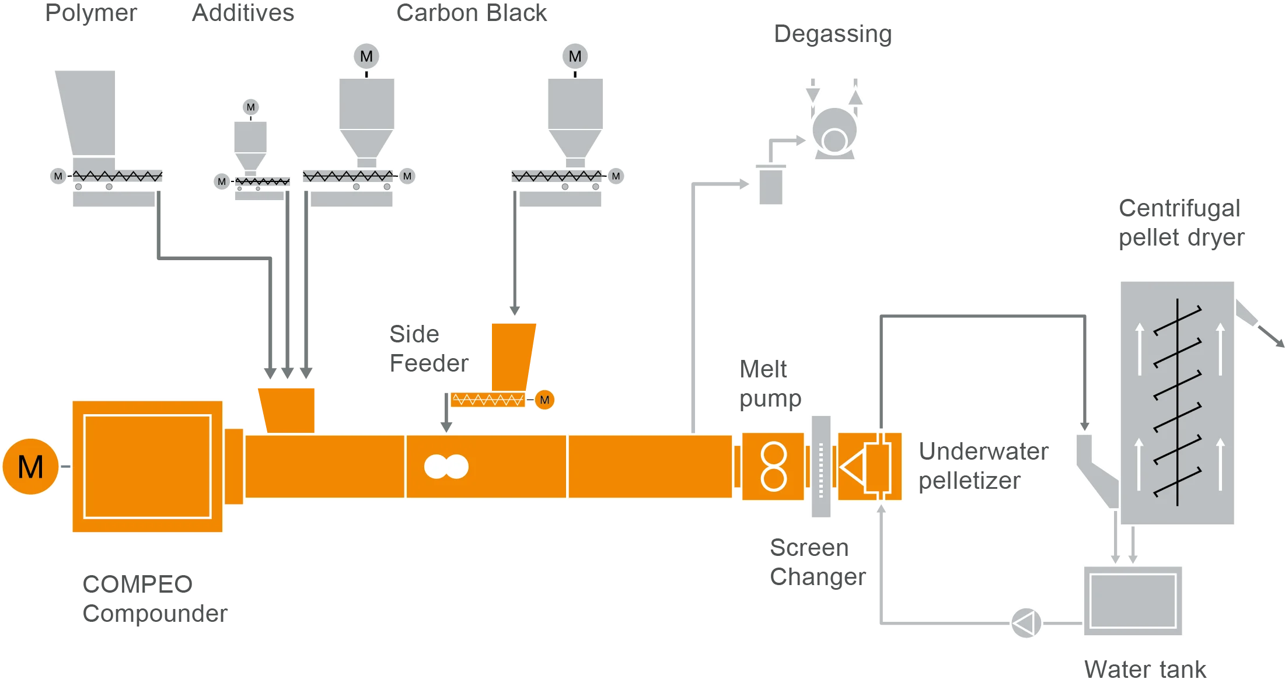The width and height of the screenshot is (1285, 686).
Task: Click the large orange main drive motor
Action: click(x=30, y=467)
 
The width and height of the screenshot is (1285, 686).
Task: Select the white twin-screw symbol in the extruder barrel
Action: click(x=446, y=467)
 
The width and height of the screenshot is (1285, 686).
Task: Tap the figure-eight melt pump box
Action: click(x=773, y=467)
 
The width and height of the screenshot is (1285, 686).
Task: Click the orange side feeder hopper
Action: click(x=512, y=356)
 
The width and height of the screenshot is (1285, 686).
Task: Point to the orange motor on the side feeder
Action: click(x=544, y=400)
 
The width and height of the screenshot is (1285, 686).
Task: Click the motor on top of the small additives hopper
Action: click(x=250, y=107)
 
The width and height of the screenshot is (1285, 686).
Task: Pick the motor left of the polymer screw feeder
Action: click(x=58, y=176)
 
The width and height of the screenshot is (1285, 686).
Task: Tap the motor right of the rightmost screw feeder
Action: click(x=616, y=176)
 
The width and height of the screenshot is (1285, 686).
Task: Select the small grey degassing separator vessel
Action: click(x=770, y=185)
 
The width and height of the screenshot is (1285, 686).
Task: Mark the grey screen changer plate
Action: click(x=820, y=467)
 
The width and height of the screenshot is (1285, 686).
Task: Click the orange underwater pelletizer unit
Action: click(x=870, y=467)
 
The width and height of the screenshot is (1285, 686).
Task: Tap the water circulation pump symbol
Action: click(x=1025, y=623)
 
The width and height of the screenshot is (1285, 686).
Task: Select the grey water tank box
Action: click(x=1133, y=601)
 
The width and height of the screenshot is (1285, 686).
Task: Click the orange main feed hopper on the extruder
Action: click(x=287, y=409)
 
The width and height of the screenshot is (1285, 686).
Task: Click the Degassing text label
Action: click(x=833, y=34)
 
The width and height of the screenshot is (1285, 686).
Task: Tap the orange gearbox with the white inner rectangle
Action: click(x=147, y=467)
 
